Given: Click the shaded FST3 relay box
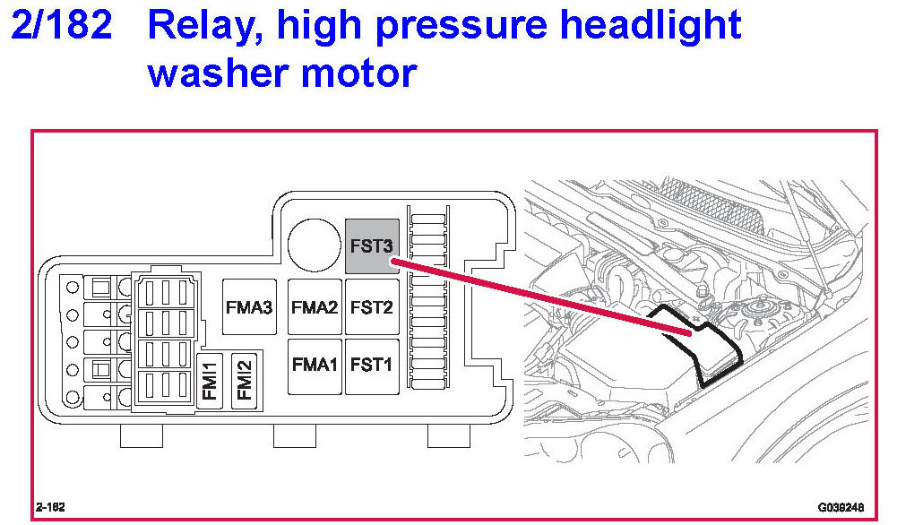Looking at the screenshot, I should pyautogui.click(x=371, y=245).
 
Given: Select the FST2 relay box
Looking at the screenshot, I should pyautogui.click(x=371, y=307).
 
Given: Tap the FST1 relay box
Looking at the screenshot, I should pyautogui.click(x=371, y=365).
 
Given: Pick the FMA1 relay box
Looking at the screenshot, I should pyautogui.click(x=315, y=365).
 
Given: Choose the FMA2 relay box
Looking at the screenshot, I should pyautogui.click(x=315, y=307).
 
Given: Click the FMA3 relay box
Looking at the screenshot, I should pyautogui.click(x=249, y=307).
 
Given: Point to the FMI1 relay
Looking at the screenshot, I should pyautogui.click(x=210, y=379).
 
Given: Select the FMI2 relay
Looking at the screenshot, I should pyautogui.click(x=244, y=379).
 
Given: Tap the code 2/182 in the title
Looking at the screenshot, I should pyautogui.click(x=62, y=28).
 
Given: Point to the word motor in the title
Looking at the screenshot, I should pyautogui.click(x=364, y=73).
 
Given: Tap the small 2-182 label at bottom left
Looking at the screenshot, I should pyautogui.click(x=50, y=506).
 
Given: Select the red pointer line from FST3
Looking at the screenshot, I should pyautogui.click(x=538, y=297).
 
